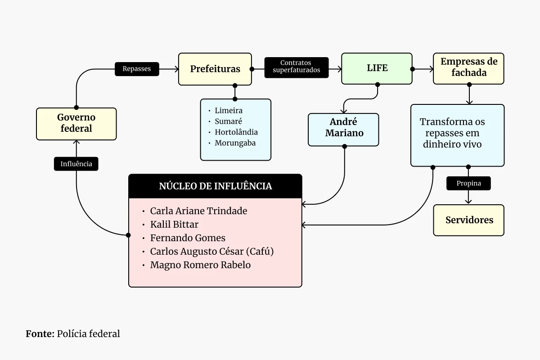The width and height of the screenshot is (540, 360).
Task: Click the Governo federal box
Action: (x=76, y=123)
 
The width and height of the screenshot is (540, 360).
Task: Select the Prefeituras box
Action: (x=215, y=69)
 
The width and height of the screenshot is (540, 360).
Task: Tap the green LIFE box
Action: (x=377, y=68)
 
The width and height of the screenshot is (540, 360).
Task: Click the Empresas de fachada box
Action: (x=468, y=67)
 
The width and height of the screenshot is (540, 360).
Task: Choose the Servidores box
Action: (x=469, y=220)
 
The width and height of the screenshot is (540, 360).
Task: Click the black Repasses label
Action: (x=137, y=69)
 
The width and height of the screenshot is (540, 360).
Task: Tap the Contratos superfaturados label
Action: (x=296, y=67)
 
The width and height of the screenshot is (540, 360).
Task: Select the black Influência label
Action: (x=76, y=164)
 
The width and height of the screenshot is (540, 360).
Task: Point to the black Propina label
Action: (x=468, y=183)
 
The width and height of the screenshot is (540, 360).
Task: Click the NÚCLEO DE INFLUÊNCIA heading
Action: (x=215, y=186)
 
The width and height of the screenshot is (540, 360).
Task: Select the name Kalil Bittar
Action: (x=174, y=225)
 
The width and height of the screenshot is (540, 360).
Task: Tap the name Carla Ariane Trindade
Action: (x=198, y=211)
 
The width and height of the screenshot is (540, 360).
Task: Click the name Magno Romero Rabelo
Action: (x=200, y=265)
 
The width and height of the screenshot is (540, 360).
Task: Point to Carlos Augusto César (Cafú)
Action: (x=211, y=252)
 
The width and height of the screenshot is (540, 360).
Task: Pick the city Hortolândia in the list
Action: (x=236, y=132)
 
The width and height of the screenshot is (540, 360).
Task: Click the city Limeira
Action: (x=229, y=111)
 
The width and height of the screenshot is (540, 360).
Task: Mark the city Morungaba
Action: (x=235, y=143)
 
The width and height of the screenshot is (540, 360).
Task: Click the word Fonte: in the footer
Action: (x=40, y=334)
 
